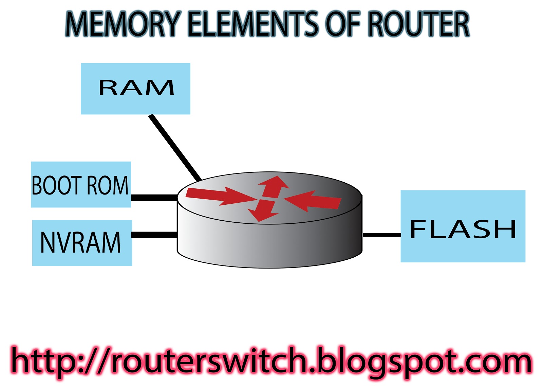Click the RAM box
135,89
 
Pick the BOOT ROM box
81,184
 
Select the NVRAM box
82,243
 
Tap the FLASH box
463,226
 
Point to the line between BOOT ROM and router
154,198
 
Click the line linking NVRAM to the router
154,235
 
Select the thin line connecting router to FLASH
381,235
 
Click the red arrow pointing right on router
217,196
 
